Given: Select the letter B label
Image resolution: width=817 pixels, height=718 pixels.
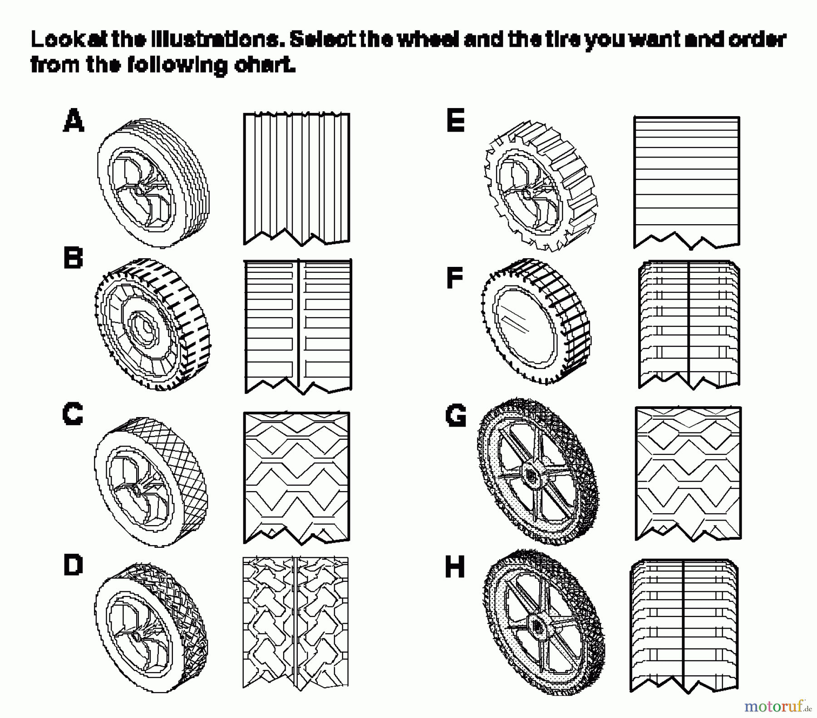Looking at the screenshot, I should click(73, 258).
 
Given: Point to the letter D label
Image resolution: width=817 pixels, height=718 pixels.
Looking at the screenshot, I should click(73, 566).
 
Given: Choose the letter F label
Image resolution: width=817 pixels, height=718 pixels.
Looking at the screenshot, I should click(455, 278).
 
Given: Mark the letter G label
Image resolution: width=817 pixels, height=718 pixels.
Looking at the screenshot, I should click(456, 416).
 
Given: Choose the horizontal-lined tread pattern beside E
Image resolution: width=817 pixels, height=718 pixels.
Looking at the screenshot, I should click(686, 182).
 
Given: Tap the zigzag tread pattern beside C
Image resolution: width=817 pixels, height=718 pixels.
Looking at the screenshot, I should click(296, 477).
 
